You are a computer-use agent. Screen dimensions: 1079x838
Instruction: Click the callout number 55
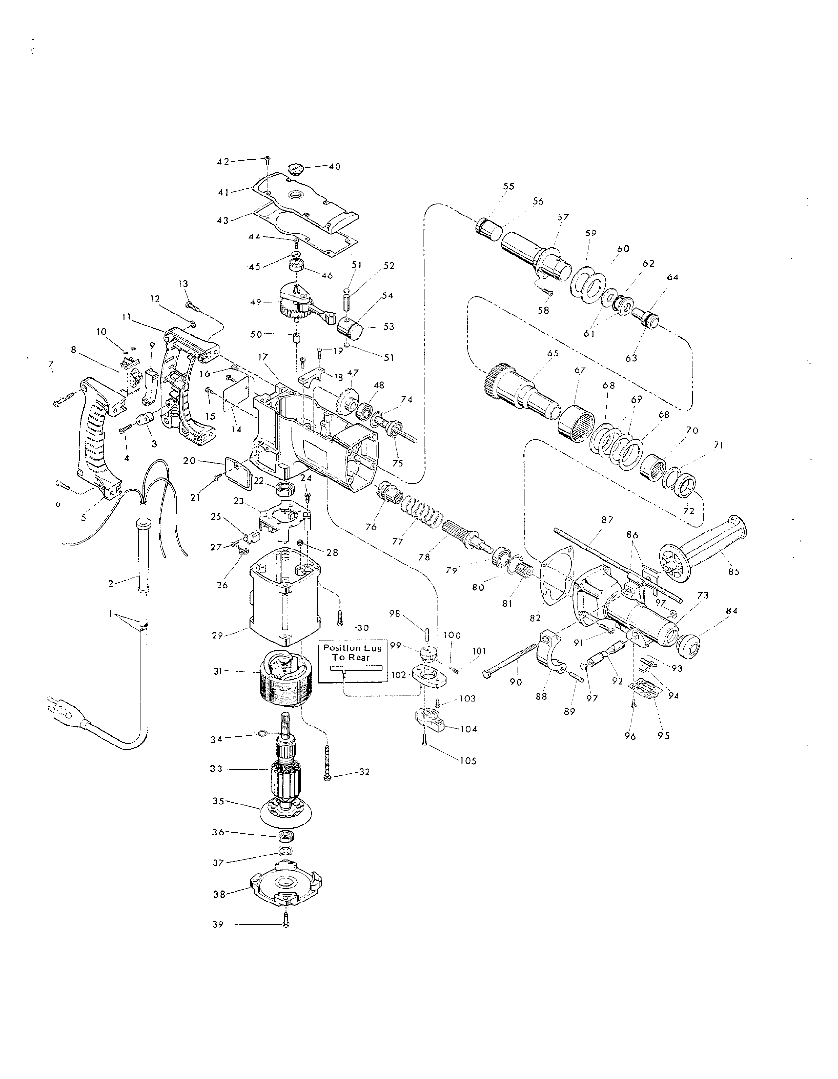(x=509, y=186)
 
